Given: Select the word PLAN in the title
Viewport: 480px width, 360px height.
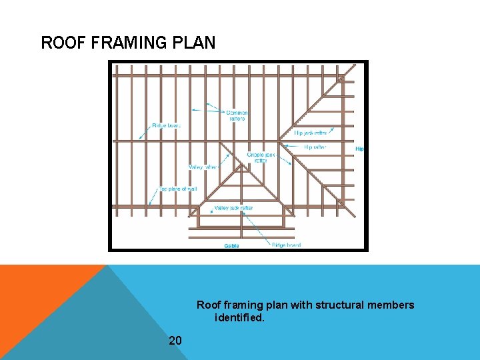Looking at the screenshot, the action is coord(197,43).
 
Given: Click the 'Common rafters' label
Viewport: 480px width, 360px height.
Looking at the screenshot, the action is coord(237,115).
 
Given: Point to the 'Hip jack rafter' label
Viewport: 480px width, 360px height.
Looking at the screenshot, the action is coord(311,133).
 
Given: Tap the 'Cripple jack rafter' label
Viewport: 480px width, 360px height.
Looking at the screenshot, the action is coord(261,157).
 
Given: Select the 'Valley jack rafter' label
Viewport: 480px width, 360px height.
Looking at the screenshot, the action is coord(233,209).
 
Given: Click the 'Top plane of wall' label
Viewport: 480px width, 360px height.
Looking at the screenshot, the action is coord(178,189).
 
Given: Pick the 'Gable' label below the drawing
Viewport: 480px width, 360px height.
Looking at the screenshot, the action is coord(231,245).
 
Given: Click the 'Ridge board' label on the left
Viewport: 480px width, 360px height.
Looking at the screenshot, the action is coord(167,125).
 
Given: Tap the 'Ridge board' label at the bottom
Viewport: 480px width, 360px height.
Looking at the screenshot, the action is coord(286,245).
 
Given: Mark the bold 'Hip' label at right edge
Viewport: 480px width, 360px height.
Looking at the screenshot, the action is coord(359,149).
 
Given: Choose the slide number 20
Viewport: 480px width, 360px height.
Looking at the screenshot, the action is coord(175,341).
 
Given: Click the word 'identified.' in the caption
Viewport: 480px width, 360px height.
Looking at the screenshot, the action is coord(239,318).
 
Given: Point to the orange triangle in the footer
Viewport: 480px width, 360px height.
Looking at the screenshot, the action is coord(40,293).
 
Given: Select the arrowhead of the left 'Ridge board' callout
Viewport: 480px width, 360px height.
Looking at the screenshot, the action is coord(139,139).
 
